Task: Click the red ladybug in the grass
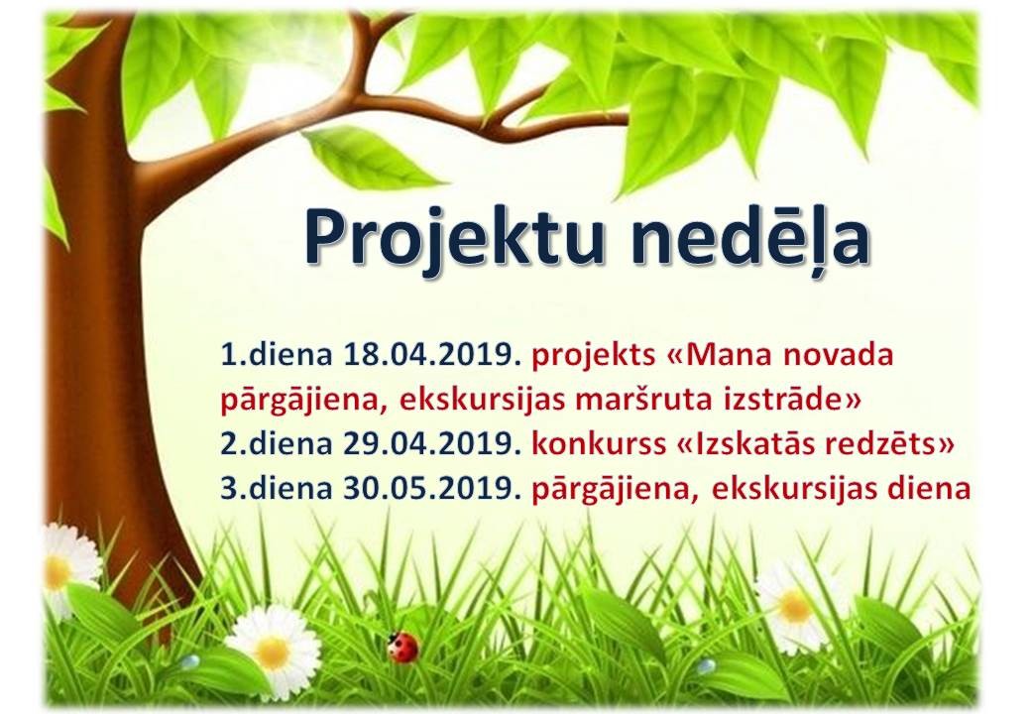(x=402, y=647)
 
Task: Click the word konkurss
(x=599, y=444)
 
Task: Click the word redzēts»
(x=886, y=444)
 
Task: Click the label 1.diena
(x=277, y=355)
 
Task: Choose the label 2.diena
(x=277, y=444)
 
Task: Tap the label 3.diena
(x=277, y=489)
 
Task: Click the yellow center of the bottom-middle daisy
(x=273, y=653)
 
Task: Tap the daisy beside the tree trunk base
(x=69, y=570)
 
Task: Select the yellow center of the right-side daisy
(x=796, y=606)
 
